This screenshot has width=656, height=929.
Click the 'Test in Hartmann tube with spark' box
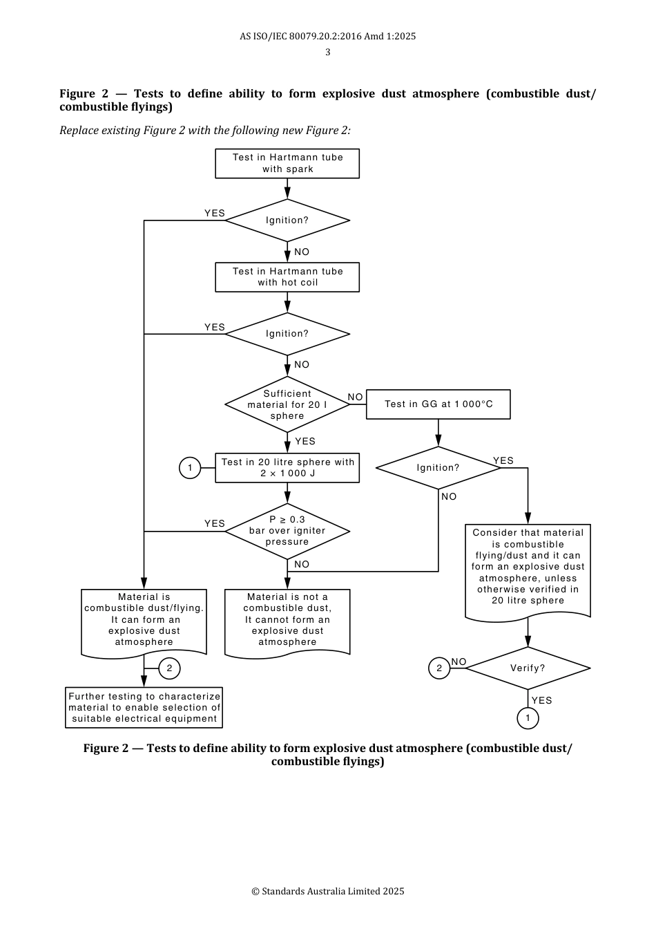(287, 164)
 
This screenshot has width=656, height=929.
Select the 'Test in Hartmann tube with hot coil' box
(287, 277)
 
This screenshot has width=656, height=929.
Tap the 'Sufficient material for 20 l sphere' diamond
(287, 404)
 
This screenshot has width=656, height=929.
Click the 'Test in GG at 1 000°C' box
(438, 404)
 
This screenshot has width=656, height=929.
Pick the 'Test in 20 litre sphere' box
(287, 468)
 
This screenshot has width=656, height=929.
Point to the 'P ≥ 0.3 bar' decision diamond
(287, 531)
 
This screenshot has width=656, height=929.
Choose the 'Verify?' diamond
(528, 668)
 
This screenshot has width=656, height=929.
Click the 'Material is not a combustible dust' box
(287, 620)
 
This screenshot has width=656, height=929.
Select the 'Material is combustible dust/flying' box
(144, 620)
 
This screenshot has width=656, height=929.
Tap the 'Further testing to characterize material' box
(144, 708)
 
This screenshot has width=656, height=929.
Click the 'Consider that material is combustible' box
(528, 568)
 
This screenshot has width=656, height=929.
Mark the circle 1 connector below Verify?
(528, 718)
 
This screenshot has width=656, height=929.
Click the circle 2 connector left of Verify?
(439, 668)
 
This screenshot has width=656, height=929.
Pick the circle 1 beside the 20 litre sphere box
(190, 468)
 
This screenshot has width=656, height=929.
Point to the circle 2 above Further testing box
(169, 668)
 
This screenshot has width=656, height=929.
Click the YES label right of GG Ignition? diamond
(503, 461)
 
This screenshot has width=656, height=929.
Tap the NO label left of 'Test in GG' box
(355, 397)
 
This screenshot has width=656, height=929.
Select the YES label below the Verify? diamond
(542, 700)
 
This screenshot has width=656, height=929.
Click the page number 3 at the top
(328, 53)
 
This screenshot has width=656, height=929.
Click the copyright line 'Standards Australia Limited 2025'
(328, 892)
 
